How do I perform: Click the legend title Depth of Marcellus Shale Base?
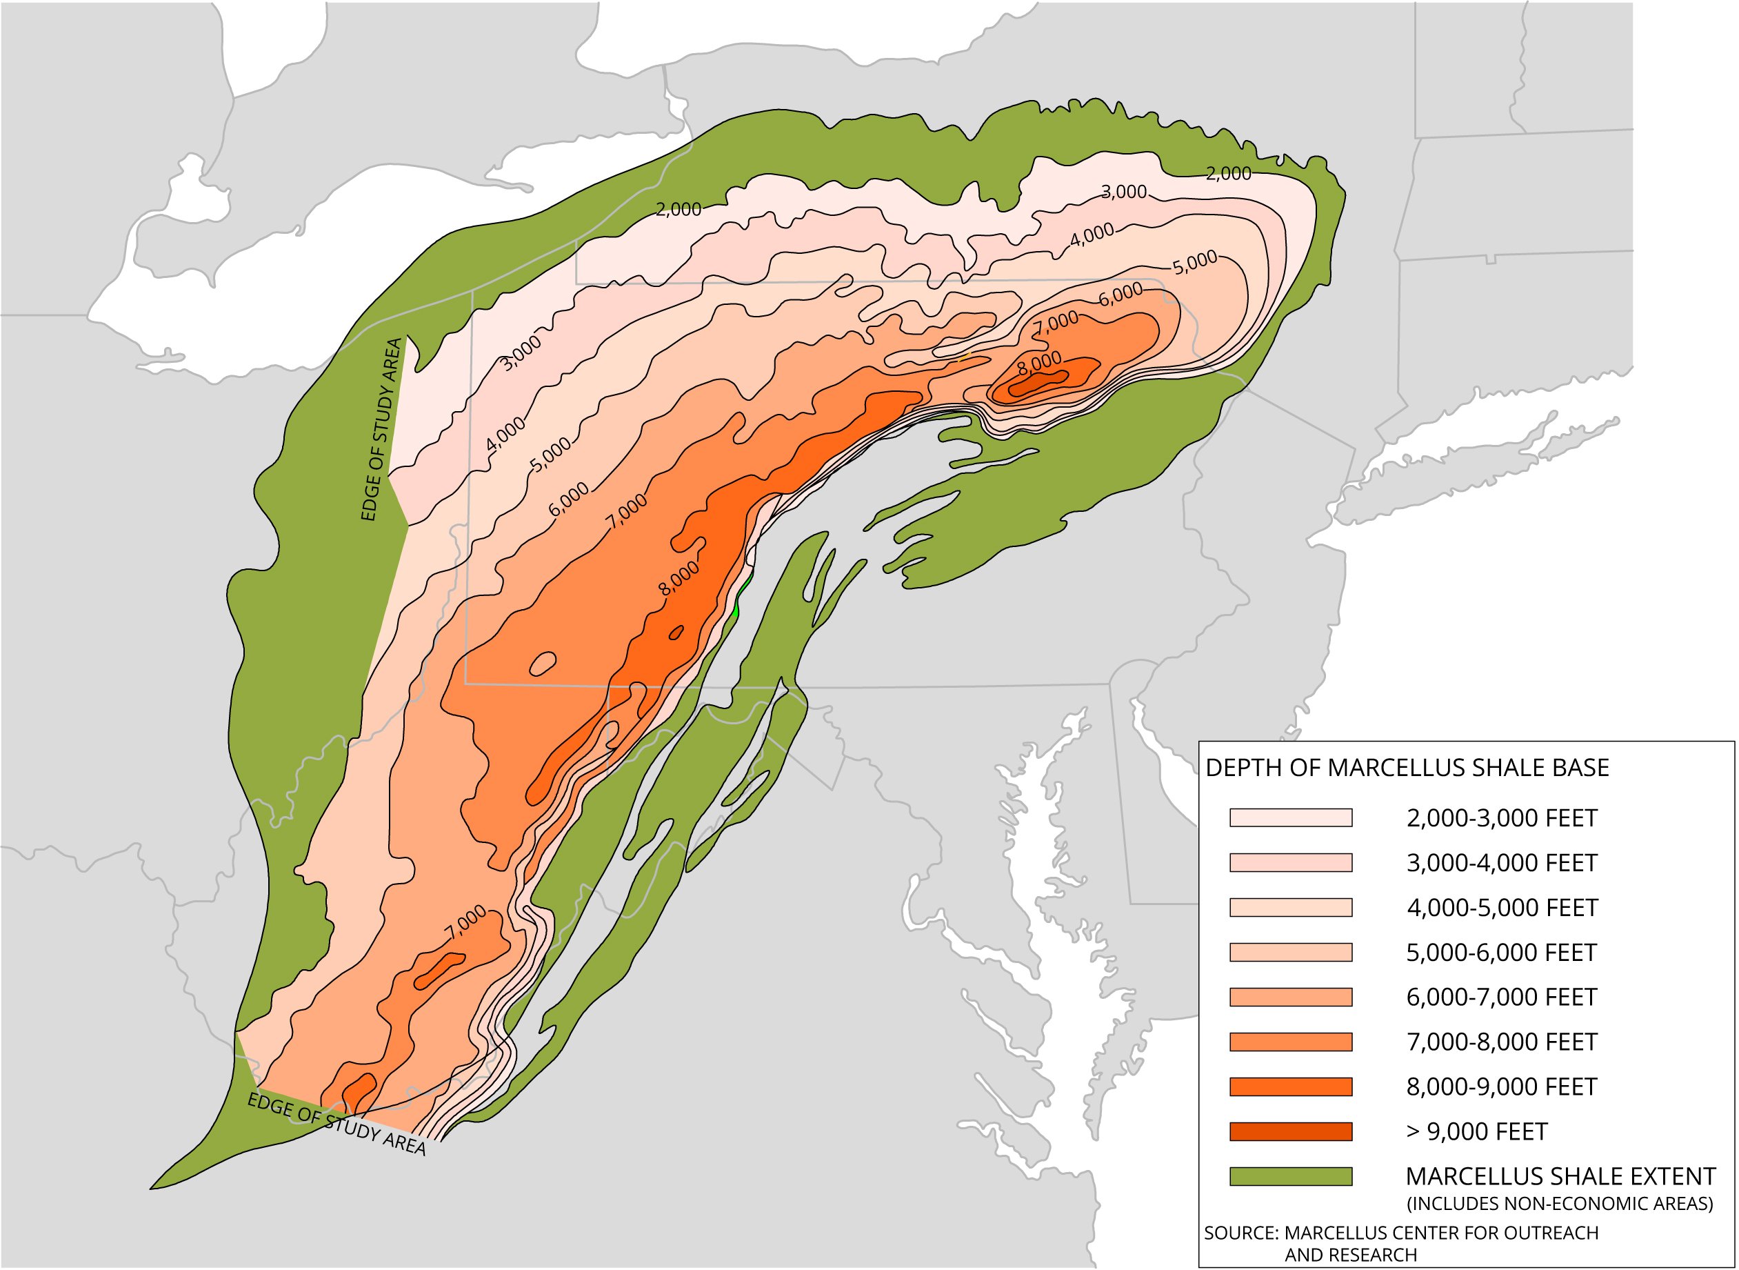[x=1407, y=768]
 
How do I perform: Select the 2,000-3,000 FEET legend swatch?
[x=1290, y=818]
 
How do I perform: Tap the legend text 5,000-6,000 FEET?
[x=1502, y=953]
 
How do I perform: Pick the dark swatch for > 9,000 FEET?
[x=1290, y=1131]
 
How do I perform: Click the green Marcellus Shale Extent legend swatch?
[x=1290, y=1176]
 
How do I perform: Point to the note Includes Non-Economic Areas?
[x=1559, y=1203]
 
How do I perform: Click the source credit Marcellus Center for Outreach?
[x=1401, y=1233]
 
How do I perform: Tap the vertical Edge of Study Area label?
[x=382, y=430]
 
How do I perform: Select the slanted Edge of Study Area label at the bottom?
[x=336, y=1124]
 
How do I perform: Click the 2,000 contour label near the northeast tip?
[x=1228, y=174]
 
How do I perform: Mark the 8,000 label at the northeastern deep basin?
[x=1039, y=363]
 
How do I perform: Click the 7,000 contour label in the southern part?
[x=465, y=922]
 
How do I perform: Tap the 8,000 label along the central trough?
[x=679, y=579]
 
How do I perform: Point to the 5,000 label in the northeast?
[x=1195, y=262]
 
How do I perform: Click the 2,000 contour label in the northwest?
[x=678, y=209]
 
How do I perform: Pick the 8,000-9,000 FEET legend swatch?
[x=1290, y=1087]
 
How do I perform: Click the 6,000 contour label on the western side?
[x=570, y=499]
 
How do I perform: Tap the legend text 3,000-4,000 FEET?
[x=1502, y=863]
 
